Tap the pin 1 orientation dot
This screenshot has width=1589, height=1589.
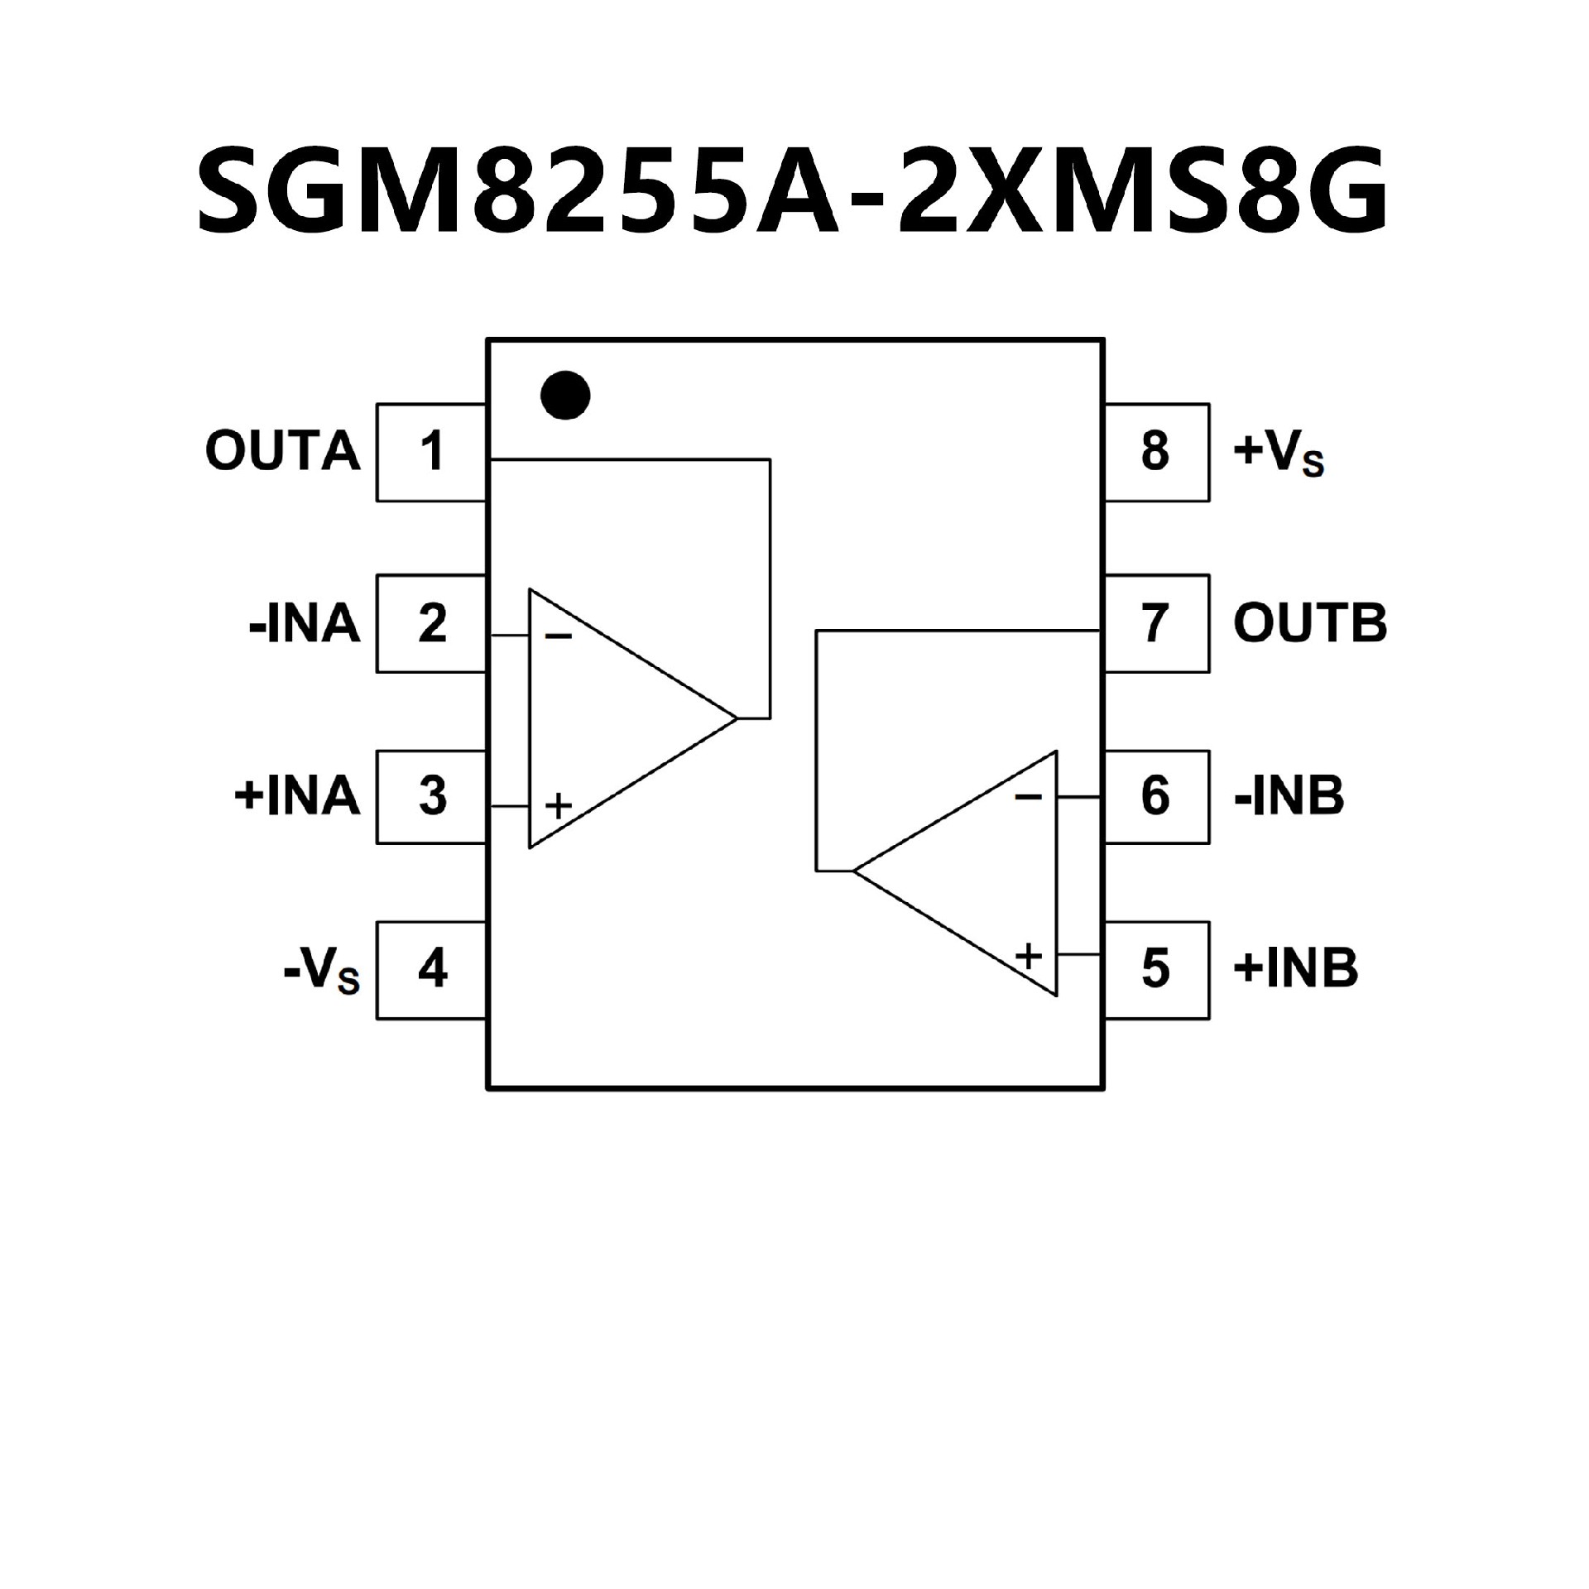coord(565,395)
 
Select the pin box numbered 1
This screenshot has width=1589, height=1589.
coord(431,452)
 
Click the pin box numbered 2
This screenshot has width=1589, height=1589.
coord(431,623)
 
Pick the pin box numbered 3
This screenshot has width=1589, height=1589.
coord(431,796)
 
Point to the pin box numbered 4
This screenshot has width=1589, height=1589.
coord(431,968)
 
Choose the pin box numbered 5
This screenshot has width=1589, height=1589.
coord(1155,968)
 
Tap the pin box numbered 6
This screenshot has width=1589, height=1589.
coord(1155,796)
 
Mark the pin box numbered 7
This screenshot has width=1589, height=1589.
coord(1155,623)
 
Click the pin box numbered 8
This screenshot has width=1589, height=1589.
coord(1155,452)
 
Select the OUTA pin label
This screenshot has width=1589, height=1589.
coord(283,452)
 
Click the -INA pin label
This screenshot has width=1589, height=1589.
coord(305,624)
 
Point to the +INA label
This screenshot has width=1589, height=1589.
coord(298,796)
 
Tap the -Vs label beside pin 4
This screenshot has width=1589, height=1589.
coord(321,970)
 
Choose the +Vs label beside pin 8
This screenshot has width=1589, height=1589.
coord(1279,454)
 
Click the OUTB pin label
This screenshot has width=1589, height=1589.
coord(1310,624)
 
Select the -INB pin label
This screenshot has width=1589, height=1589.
coord(1289,796)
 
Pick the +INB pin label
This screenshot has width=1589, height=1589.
coord(1295,968)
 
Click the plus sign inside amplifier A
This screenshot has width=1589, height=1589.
coord(559,805)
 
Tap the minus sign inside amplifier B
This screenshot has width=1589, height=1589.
coord(1028,797)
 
